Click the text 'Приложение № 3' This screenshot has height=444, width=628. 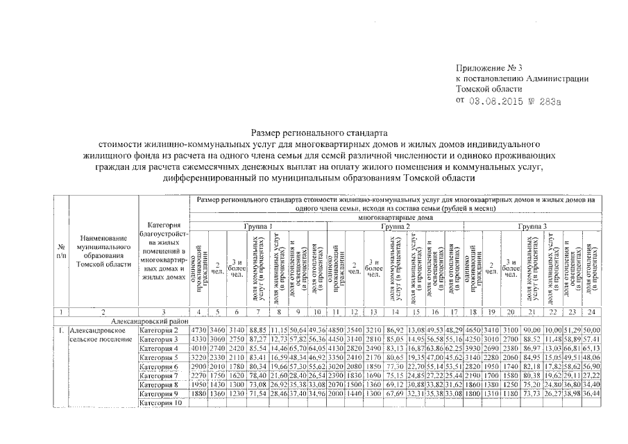click(x=489, y=68)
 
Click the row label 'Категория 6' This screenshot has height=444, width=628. click(x=159, y=366)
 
